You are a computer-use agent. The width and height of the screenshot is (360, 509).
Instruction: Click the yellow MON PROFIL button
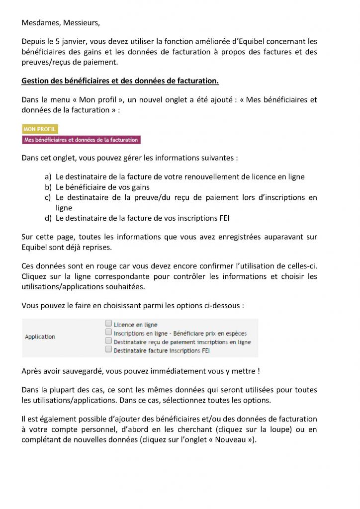[x=40, y=129]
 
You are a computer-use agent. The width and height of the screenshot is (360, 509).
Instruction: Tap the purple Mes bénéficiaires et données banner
[x=81, y=140]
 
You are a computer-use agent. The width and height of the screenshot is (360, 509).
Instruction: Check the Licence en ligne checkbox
[x=108, y=324]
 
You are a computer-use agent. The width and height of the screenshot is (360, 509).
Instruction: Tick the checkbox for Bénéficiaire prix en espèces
[x=108, y=333]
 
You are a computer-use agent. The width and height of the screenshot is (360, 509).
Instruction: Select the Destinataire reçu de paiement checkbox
[x=108, y=341]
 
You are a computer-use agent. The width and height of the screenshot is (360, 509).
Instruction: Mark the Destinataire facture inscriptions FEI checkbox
[x=108, y=350]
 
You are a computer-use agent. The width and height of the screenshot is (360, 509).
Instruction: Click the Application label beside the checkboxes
[x=40, y=337]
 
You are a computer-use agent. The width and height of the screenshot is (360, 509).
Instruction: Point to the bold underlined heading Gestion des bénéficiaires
[x=120, y=81]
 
